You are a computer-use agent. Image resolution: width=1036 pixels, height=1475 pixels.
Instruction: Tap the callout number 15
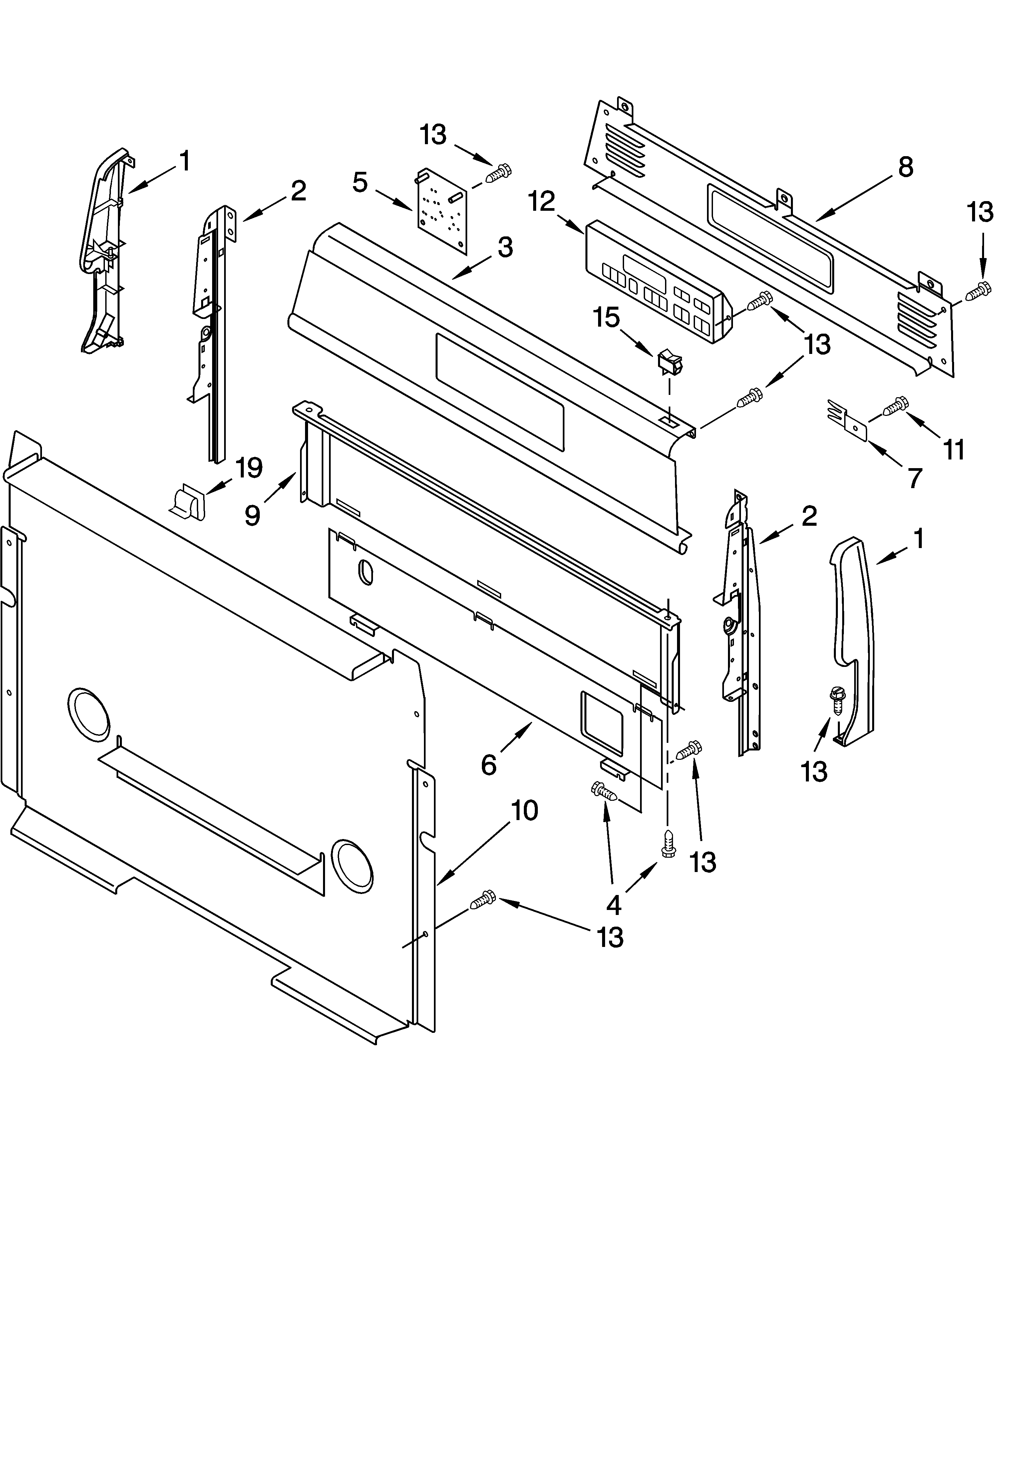[606, 317]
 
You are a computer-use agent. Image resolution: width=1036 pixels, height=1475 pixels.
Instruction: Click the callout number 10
[524, 811]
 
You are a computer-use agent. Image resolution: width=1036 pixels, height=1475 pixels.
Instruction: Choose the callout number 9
[252, 514]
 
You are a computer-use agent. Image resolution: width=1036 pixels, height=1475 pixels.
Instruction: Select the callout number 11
[954, 450]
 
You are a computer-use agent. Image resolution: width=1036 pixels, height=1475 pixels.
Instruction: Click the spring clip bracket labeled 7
[847, 419]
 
